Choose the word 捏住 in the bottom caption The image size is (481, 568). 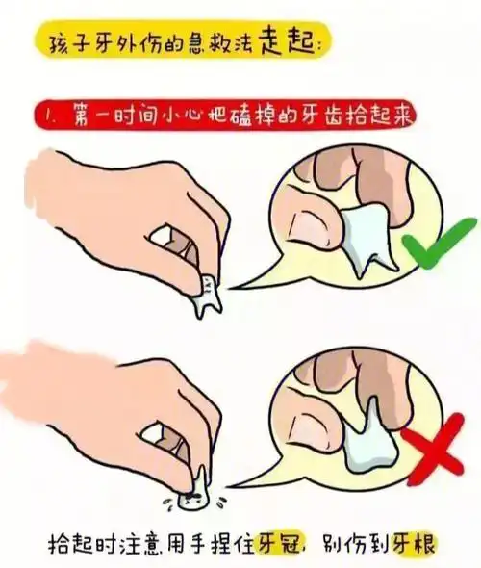225,543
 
